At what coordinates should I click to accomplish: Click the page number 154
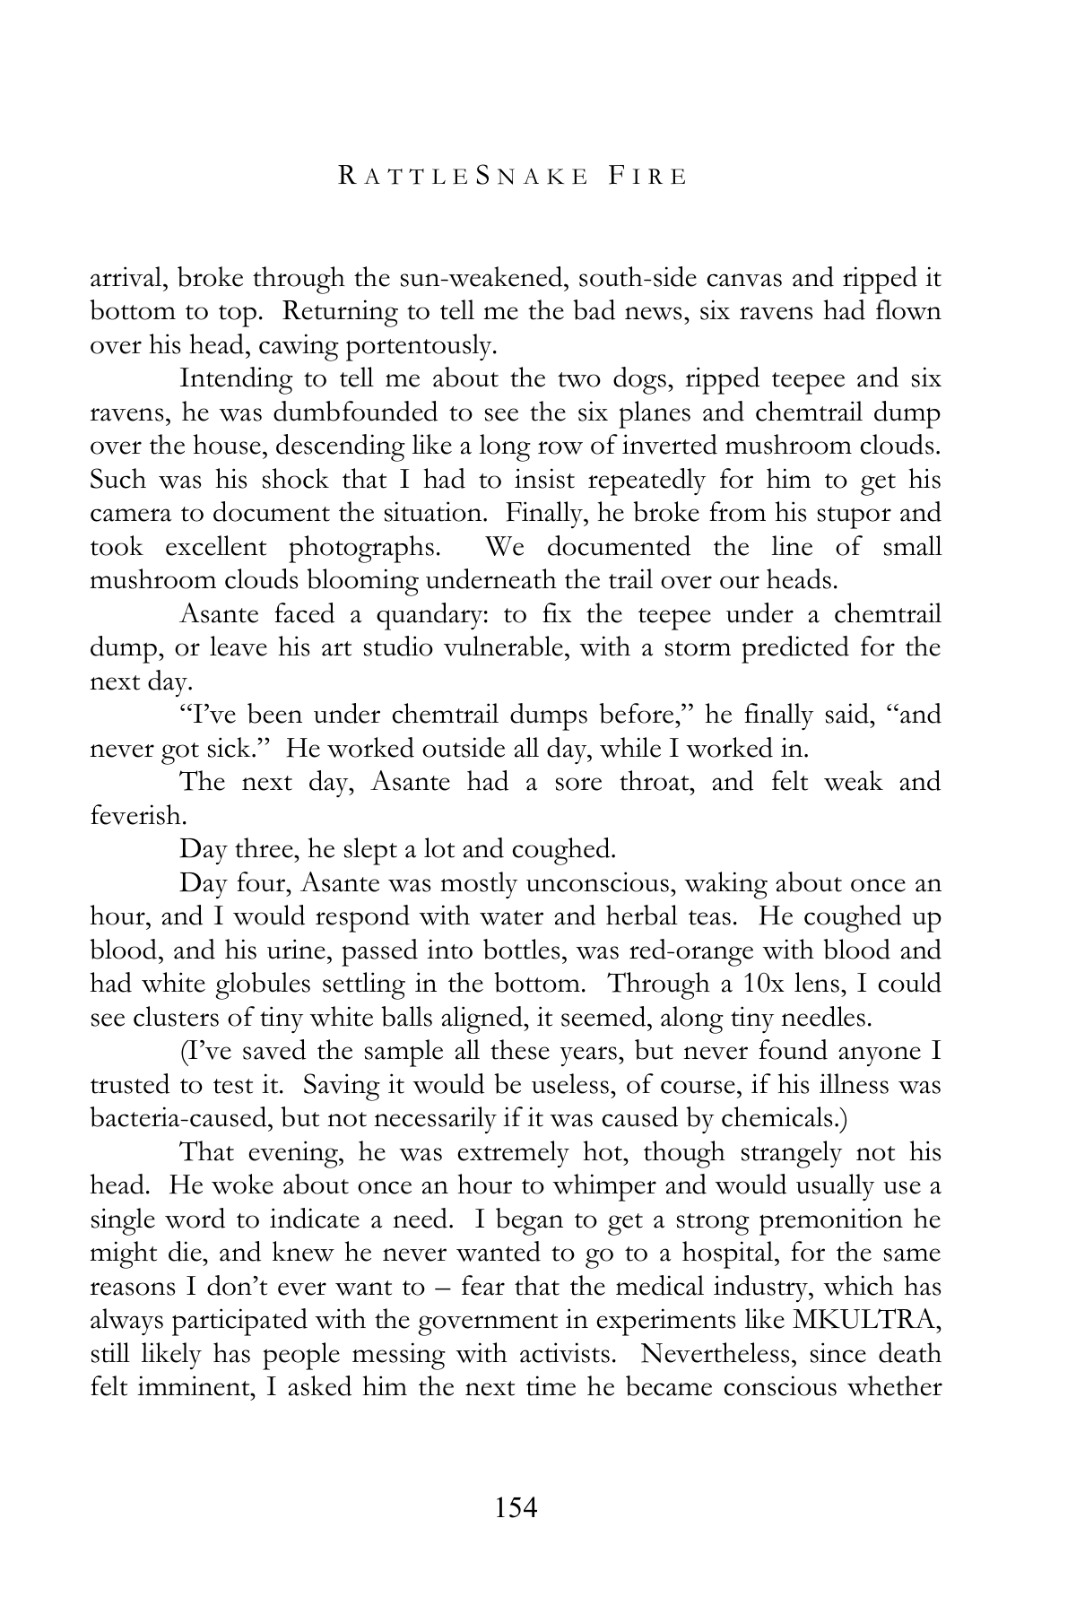tap(515, 1507)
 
